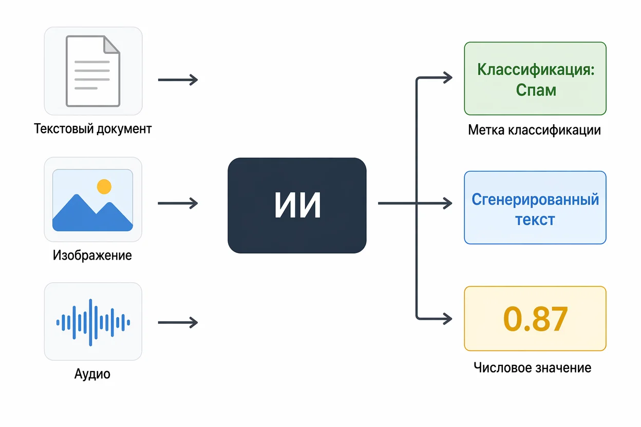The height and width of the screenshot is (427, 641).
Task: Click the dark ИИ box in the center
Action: click(x=297, y=205)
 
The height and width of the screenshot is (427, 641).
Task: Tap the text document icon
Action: click(x=93, y=71)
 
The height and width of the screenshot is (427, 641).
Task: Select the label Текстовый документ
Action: click(x=93, y=129)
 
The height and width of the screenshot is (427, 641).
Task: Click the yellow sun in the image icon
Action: click(x=104, y=186)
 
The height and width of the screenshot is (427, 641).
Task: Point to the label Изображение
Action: click(x=92, y=255)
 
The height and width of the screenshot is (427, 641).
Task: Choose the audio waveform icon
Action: click(x=93, y=322)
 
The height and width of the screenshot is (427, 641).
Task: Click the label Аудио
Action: click(x=92, y=374)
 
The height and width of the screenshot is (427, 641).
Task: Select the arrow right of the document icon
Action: click(x=178, y=80)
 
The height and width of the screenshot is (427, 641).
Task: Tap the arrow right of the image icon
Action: click(x=178, y=203)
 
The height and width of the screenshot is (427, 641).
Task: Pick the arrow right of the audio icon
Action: click(x=178, y=322)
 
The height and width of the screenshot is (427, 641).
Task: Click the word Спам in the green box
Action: click(x=536, y=90)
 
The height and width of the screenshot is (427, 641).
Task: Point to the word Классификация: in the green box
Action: click(x=536, y=69)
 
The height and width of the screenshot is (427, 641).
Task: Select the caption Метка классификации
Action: click(x=534, y=130)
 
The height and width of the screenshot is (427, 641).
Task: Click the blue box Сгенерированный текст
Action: click(x=535, y=208)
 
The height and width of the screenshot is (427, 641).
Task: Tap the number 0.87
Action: click(x=535, y=319)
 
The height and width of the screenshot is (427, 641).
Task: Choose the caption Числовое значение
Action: click(x=532, y=368)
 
